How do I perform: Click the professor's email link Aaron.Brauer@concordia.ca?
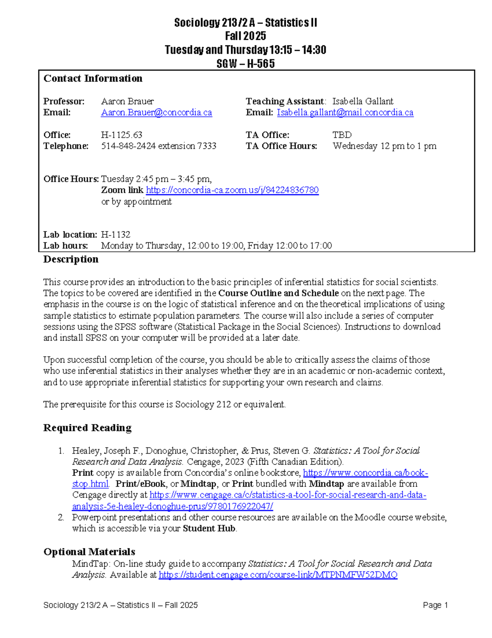point(156,112)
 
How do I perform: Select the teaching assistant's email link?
point(345,112)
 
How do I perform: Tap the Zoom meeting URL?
point(232,190)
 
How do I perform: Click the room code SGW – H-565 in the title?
point(246,64)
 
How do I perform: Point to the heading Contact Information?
point(93,78)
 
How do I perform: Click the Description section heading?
point(71,259)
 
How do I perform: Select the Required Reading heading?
point(87,428)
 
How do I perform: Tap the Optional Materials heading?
point(89,551)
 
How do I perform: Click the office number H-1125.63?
point(122,135)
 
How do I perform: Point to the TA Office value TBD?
point(342,135)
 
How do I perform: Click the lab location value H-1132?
point(116,234)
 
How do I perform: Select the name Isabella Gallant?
point(362,101)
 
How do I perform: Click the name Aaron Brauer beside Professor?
point(128,101)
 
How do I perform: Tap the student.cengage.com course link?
point(278,575)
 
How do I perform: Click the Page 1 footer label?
point(435,605)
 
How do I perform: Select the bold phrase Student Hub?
point(209,528)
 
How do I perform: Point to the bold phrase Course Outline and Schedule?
point(278,293)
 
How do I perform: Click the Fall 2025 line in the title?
point(246,36)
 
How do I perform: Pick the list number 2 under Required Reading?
point(61,517)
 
